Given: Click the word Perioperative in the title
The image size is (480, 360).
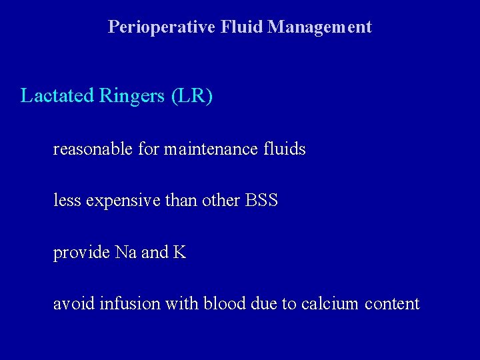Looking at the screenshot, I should (x=161, y=27).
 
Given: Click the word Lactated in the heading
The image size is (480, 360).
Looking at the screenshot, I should (x=57, y=96).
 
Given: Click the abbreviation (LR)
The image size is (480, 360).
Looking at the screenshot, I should (x=192, y=97).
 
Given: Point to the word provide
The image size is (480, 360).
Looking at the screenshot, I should (x=81, y=253).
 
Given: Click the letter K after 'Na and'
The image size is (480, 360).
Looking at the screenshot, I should (x=179, y=253).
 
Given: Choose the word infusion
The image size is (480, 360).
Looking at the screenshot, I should (x=122, y=304).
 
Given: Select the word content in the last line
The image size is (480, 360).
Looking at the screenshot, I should (x=393, y=305).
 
